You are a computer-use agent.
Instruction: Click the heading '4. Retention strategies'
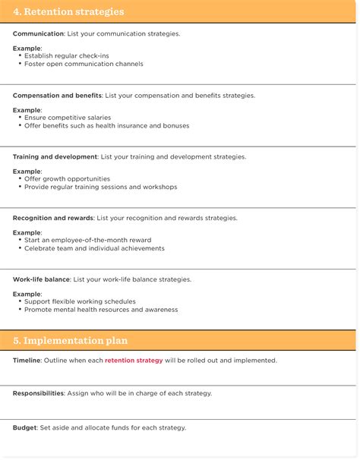(x=68, y=12)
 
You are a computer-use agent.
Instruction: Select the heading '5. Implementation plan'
(x=71, y=341)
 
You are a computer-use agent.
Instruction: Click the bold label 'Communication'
(x=38, y=34)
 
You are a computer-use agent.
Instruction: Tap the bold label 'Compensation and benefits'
(x=57, y=96)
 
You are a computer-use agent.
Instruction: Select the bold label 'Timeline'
(x=27, y=361)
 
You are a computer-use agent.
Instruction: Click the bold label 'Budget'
(x=25, y=427)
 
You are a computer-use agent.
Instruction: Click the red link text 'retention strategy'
(x=134, y=361)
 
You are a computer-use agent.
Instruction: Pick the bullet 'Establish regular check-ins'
(x=66, y=56)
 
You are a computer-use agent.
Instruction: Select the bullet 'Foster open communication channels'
(x=84, y=64)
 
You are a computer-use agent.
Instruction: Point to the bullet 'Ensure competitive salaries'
(x=68, y=118)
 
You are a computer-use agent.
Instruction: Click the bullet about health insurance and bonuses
(x=106, y=125)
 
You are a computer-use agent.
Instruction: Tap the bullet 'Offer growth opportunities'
(x=67, y=179)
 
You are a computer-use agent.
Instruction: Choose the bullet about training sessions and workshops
(x=100, y=187)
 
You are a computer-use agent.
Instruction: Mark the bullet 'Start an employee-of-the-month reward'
(x=87, y=240)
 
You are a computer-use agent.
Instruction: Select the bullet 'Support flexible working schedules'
(x=80, y=301)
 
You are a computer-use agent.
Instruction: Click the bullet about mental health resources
(x=101, y=310)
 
